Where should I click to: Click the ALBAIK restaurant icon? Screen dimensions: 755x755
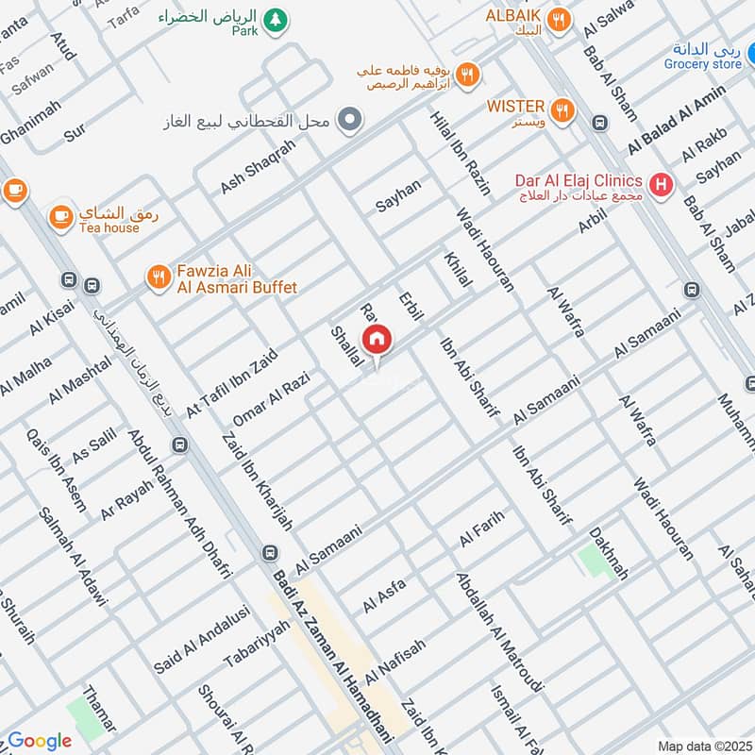point(560,19)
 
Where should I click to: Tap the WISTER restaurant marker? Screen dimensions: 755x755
point(562,110)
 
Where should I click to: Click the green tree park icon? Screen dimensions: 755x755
point(275,19)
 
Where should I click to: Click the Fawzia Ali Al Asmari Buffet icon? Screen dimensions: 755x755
point(158,277)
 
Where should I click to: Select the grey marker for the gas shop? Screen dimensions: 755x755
point(350,120)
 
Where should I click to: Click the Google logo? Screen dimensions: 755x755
point(39,741)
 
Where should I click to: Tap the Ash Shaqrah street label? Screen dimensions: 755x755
point(258,167)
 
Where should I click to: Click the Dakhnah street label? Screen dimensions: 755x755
point(609,552)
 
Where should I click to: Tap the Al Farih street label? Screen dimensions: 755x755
point(482,528)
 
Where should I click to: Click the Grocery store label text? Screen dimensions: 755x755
point(702,64)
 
